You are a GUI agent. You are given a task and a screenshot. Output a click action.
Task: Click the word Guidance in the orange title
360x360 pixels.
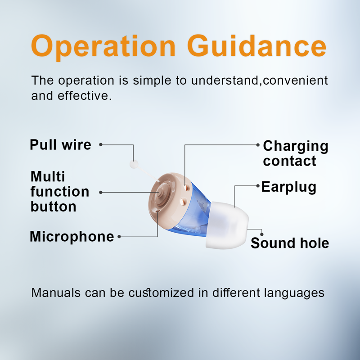[256, 46]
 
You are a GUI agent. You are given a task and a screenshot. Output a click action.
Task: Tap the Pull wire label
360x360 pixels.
[60, 145]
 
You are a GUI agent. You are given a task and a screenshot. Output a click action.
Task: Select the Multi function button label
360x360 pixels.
[59, 191]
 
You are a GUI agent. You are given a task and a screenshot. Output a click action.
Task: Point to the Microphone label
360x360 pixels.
[72, 236]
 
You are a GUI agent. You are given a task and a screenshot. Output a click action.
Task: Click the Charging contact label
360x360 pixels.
[295, 153]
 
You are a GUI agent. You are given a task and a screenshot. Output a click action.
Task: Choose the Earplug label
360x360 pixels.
[289, 187]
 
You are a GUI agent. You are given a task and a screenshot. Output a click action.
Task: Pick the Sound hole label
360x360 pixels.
[289, 243]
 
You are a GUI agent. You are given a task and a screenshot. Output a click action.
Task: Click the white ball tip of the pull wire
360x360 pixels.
[133, 165]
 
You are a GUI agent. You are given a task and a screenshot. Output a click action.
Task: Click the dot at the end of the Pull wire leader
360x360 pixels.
[101, 145]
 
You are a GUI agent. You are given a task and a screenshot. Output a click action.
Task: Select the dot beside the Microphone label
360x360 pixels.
[119, 236]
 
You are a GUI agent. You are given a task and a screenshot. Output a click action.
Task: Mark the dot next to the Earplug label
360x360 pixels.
[257, 185]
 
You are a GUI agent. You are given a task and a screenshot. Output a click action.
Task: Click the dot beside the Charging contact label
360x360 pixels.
[258, 145]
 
